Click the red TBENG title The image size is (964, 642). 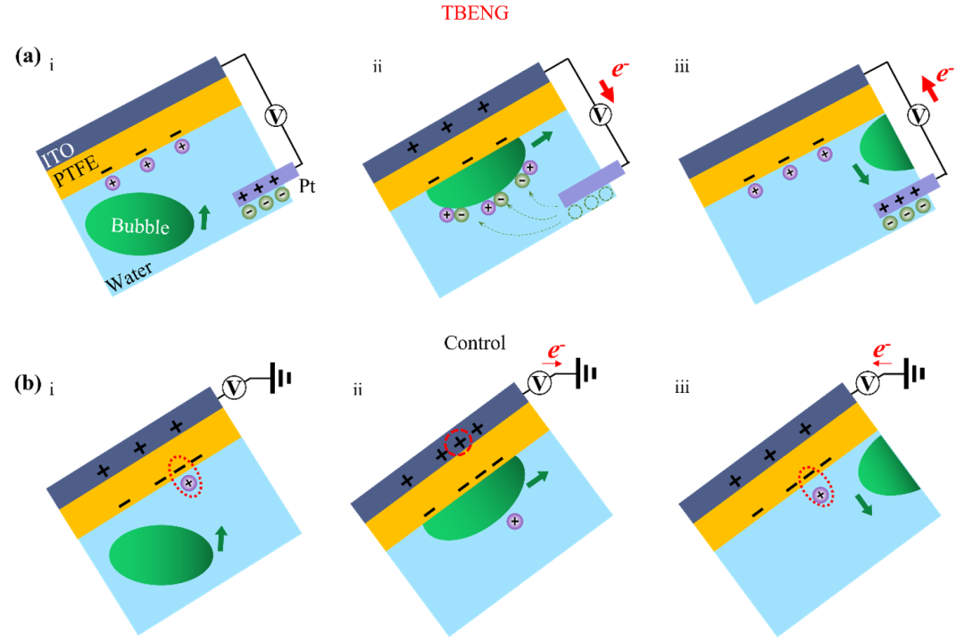pos(482,16)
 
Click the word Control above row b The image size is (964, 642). pos(478,343)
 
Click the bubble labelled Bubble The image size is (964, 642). pos(138,224)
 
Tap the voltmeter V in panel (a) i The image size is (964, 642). pos(278,116)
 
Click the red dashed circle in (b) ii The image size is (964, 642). pos(460,441)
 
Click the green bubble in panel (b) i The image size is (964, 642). pos(162,554)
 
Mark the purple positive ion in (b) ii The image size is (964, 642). pos(515,520)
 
